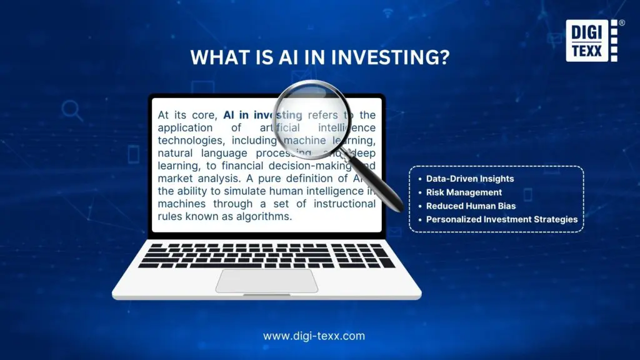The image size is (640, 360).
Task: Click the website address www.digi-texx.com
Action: coord(314,336)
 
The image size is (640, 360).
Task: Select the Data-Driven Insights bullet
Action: coord(469,179)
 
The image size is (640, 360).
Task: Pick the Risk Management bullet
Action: coord(464,192)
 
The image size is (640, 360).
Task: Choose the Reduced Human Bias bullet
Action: coord(471,206)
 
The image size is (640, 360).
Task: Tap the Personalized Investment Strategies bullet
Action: coord(501,219)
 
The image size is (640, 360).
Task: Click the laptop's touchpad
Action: coord(266,281)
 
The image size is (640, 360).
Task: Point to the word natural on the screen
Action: coord(175,152)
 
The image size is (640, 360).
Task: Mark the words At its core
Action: coord(187,115)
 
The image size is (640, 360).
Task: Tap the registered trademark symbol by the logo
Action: coord(621,22)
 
